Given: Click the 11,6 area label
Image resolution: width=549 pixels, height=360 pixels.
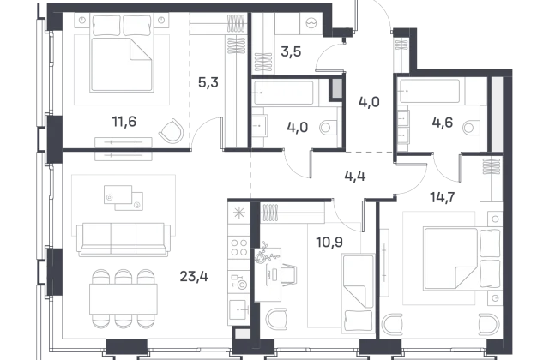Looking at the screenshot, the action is pyautogui.click(x=124, y=122).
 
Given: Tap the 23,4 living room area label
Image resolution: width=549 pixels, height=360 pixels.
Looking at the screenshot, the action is pyautogui.click(x=194, y=277).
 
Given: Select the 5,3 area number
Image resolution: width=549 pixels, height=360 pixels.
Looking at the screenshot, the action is pyautogui.click(x=208, y=82).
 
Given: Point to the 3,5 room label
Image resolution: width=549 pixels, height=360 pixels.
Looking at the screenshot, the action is pyautogui.click(x=291, y=51).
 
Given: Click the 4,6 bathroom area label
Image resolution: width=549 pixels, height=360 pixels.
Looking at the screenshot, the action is pyautogui.click(x=443, y=123).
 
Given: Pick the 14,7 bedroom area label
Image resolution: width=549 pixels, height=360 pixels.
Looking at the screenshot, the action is pyautogui.click(x=443, y=197).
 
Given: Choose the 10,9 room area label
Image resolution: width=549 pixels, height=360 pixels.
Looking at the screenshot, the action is pyautogui.click(x=329, y=242).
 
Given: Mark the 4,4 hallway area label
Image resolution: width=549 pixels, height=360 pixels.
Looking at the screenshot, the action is pyautogui.click(x=355, y=176).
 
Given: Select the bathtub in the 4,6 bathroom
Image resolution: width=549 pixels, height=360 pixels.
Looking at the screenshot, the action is pyautogui.click(x=430, y=92).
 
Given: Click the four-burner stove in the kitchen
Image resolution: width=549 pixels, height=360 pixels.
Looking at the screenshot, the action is pyautogui.click(x=239, y=248).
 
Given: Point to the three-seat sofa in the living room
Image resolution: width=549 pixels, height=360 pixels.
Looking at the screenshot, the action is pyautogui.click(x=124, y=240).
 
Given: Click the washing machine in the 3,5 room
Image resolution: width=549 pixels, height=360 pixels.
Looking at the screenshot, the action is pyautogui.click(x=311, y=24).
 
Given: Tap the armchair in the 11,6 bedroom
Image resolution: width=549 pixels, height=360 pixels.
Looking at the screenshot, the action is pyautogui.click(x=172, y=131).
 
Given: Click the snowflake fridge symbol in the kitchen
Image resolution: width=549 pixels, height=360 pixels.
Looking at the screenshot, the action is pyautogui.click(x=239, y=213).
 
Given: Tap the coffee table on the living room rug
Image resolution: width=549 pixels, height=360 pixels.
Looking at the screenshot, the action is pyautogui.click(x=124, y=198).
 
